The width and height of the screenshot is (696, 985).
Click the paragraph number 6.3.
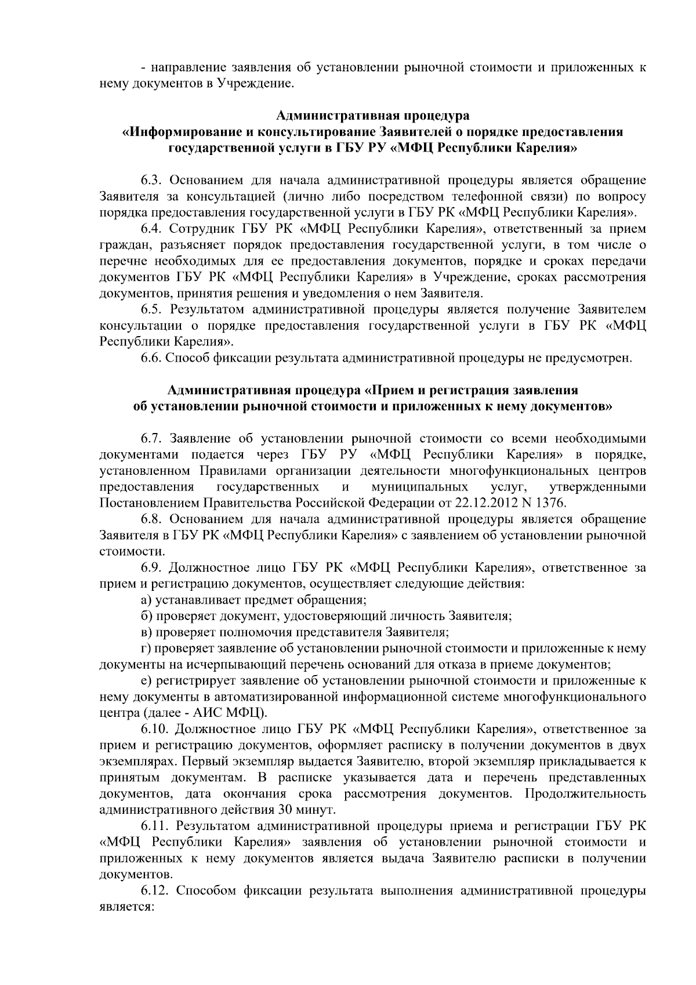151,180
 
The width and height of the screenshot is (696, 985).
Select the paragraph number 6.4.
151,229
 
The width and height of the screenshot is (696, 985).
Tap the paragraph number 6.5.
151,309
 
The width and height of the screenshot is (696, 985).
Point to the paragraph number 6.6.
151,358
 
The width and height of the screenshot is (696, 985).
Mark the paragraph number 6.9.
151,567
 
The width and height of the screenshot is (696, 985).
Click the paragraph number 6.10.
155,728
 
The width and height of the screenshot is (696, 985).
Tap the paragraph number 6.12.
155,890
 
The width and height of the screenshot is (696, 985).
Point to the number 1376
551,501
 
